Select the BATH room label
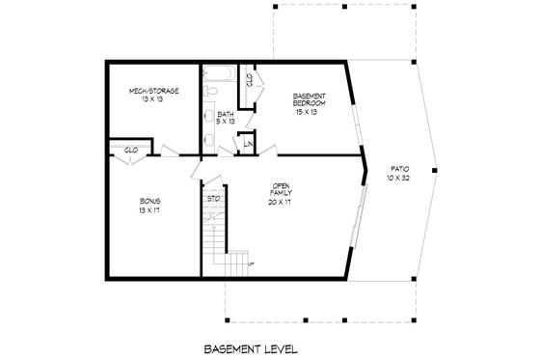[225, 114]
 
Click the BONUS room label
[149, 202]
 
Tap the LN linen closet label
[248, 145]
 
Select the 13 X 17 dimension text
[149, 211]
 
